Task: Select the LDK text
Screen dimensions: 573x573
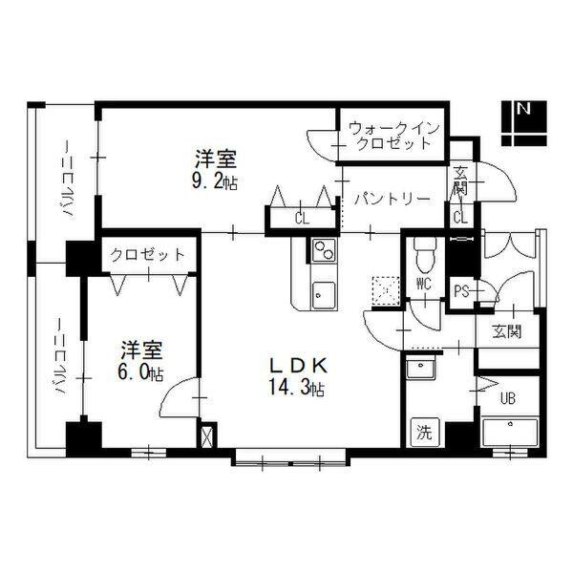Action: (x=298, y=365)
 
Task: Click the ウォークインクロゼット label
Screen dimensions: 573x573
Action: (x=391, y=136)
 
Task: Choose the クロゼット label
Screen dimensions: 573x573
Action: (x=146, y=255)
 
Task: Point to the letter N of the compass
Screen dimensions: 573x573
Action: (x=523, y=109)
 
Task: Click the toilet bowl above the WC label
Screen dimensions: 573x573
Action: (x=425, y=254)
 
